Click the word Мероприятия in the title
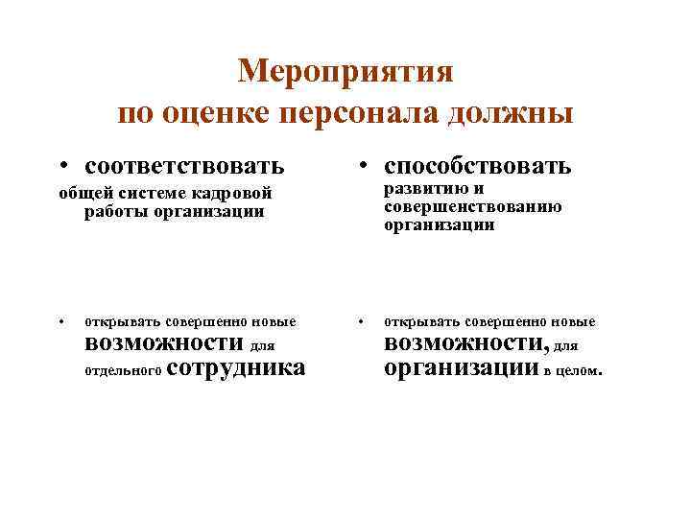[345, 71]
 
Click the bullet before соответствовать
[61, 167]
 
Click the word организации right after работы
[205, 211]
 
